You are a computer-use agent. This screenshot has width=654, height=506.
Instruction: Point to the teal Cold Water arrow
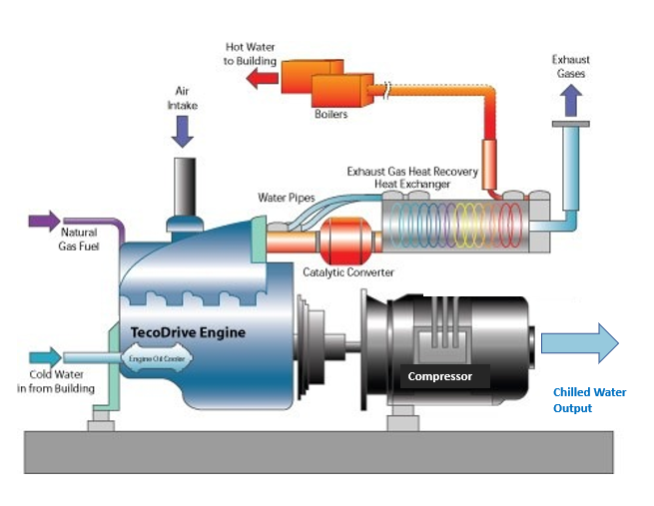(46, 356)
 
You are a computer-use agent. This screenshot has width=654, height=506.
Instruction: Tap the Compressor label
(447, 376)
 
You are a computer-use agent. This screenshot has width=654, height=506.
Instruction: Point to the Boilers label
(331, 115)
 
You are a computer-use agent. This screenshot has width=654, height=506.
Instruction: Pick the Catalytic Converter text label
(348, 271)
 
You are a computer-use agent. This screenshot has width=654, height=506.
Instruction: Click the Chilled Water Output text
(589, 400)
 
